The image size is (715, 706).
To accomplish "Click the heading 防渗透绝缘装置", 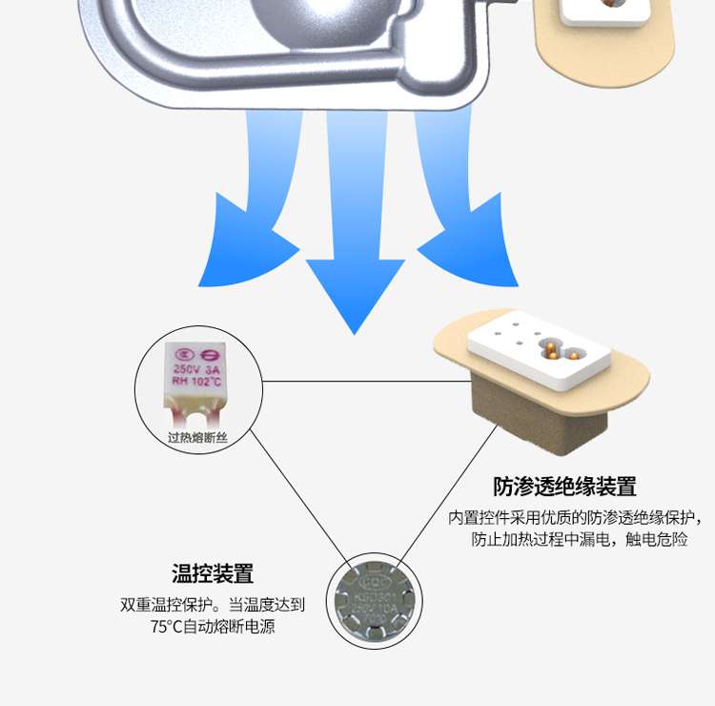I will tap(564, 487).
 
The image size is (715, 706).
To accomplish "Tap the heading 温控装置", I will tap(213, 574).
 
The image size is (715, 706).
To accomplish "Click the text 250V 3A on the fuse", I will tap(196, 368).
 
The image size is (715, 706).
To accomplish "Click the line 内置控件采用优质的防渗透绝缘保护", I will tap(575, 518).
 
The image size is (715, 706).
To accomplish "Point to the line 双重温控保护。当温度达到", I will tap(213, 605).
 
